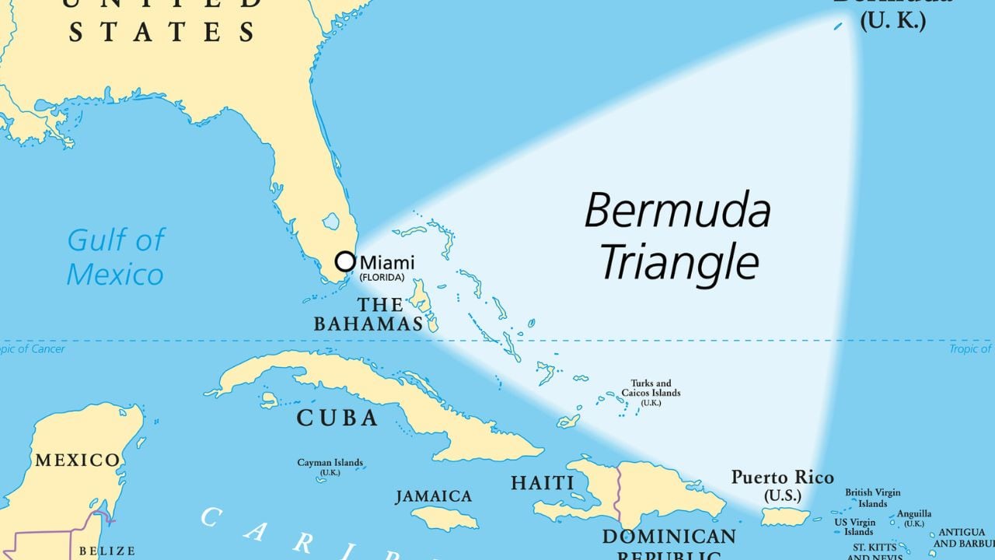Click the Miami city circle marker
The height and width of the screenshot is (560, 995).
point(345,261)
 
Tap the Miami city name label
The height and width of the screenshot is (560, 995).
point(387,263)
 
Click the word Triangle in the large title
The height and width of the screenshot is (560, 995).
point(679,262)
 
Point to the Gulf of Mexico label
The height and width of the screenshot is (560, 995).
point(115,257)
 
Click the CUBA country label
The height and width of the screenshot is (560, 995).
point(337,418)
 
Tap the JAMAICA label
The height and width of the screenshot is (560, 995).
point(433,496)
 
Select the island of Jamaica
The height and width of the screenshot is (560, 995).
point(444,518)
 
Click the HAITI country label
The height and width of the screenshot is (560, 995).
point(543,483)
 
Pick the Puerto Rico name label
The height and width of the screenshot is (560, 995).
point(782,478)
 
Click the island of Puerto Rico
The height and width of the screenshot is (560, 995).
point(784,516)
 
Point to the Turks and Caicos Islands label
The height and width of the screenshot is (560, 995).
point(651,388)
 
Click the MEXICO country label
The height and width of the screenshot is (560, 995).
point(77,460)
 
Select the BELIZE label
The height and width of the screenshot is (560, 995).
point(107,551)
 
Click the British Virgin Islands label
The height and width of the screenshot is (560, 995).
point(873,498)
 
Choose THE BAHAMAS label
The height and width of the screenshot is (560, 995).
point(368,314)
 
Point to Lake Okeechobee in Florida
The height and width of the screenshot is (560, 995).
point(331,222)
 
